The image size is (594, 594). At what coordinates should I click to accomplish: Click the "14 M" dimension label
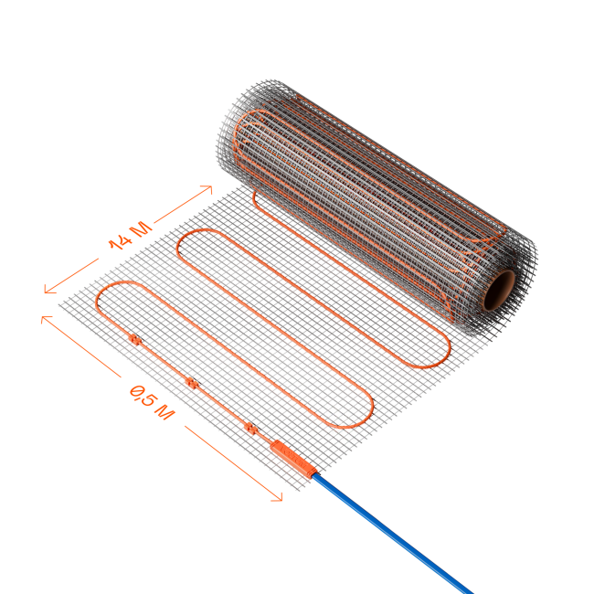click(x=131, y=236)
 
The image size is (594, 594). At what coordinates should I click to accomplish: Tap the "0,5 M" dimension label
click(x=152, y=403)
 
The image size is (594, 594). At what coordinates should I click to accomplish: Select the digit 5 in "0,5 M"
click(x=147, y=399)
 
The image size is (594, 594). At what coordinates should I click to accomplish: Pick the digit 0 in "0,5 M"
click(x=135, y=391)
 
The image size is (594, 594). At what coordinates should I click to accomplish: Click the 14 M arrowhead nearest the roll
click(x=207, y=188)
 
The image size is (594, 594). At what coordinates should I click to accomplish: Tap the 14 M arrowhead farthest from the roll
click(x=49, y=289)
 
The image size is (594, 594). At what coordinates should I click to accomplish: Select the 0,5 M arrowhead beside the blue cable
click(x=277, y=497)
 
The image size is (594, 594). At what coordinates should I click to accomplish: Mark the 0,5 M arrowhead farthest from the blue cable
click(x=46, y=319)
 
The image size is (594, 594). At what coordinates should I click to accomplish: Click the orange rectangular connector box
click(x=293, y=459)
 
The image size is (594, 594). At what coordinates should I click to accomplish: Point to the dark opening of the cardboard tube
click(x=499, y=291)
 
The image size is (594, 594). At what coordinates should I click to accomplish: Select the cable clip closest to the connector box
click(x=250, y=428)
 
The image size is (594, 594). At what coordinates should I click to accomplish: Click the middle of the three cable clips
click(x=193, y=384)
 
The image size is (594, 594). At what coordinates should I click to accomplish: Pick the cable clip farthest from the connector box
click(x=135, y=339)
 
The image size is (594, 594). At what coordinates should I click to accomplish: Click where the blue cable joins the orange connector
click(x=314, y=475)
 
